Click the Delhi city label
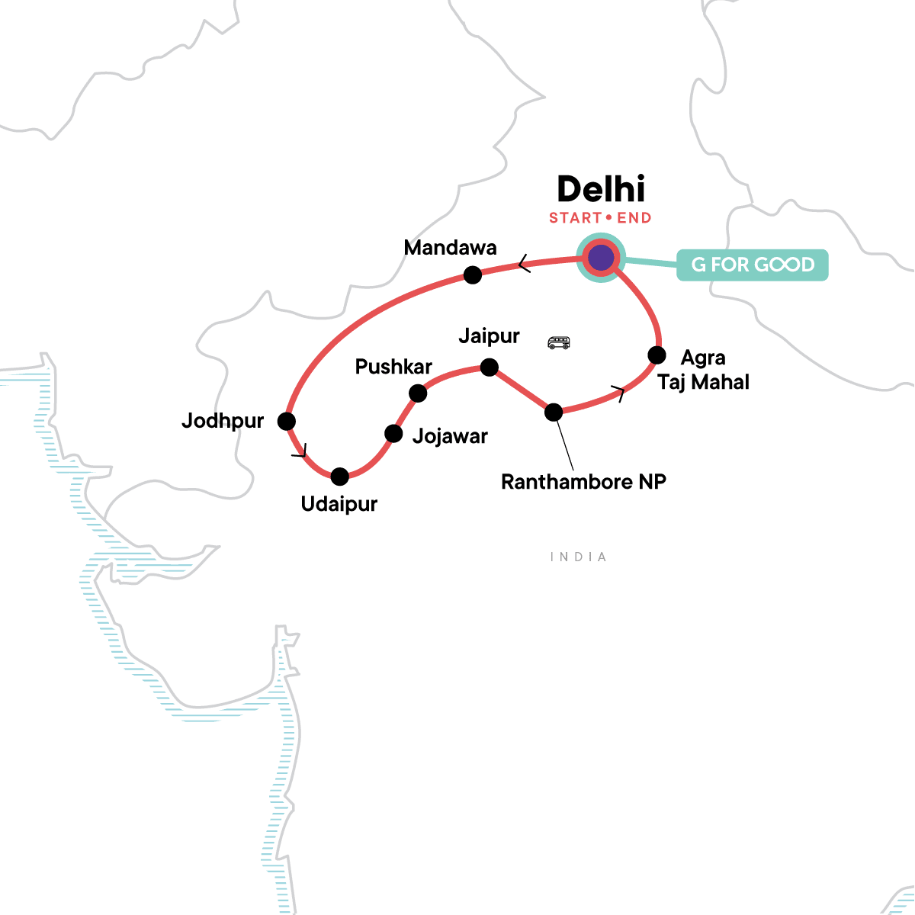click(601, 189)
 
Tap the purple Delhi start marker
click(601, 258)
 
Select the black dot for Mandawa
click(473, 274)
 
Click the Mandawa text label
click(450, 248)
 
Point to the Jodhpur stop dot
click(287, 420)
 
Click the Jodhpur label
click(223, 421)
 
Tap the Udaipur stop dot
click(339, 477)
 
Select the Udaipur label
click(339, 504)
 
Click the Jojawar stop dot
click(393, 434)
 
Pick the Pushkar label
click(393, 367)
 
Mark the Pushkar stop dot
click(418, 393)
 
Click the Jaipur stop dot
click(490, 368)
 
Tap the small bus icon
click(559, 342)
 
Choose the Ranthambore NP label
click(583, 482)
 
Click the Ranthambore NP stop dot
click(554, 413)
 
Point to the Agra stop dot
click(657, 355)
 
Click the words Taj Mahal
click(703, 382)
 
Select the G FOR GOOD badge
click(753, 265)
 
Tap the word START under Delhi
click(575, 218)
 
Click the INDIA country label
click(579, 557)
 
